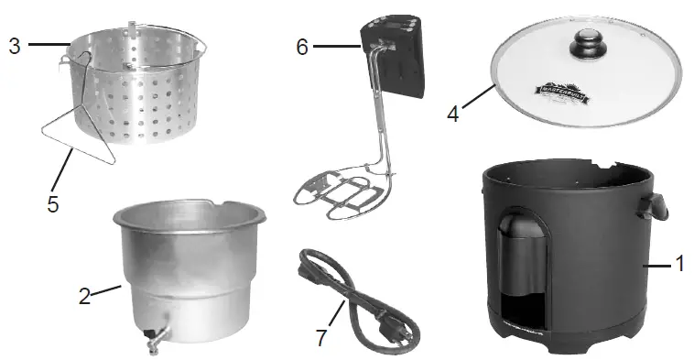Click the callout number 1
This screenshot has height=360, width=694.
point(679,264)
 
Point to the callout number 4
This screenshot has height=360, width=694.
point(453,116)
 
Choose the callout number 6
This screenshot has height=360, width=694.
point(302,47)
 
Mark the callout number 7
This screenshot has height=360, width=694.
point(321,336)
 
